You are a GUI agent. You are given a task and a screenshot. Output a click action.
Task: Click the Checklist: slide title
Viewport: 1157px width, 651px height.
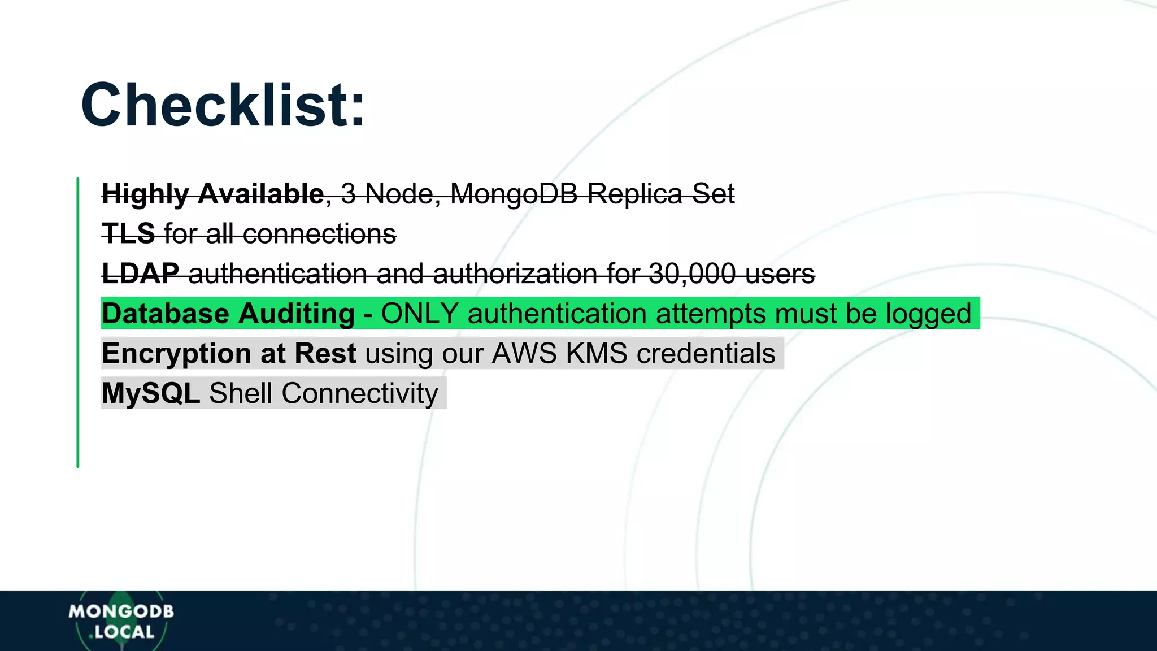(223, 106)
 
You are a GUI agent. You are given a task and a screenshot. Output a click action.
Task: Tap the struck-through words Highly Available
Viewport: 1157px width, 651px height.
(212, 194)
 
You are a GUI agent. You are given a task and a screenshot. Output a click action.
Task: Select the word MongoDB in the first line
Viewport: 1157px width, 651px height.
(514, 194)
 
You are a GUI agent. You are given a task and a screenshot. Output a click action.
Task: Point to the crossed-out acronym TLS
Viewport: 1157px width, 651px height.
(128, 234)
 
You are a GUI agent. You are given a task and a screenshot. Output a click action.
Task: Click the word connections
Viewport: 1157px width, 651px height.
(320, 234)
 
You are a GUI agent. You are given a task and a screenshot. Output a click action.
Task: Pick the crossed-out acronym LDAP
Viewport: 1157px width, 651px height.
(141, 274)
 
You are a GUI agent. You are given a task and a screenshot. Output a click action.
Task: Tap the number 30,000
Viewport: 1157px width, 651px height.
(692, 274)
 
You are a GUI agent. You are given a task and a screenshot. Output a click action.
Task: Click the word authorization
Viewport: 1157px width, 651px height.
(515, 274)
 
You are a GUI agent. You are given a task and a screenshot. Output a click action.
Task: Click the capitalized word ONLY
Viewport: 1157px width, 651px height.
(419, 314)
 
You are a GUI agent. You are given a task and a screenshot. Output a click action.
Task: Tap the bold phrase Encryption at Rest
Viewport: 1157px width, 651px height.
(229, 354)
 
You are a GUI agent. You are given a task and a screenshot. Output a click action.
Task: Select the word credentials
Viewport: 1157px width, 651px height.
(706, 354)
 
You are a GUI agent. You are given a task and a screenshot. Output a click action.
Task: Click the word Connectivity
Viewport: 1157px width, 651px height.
(360, 393)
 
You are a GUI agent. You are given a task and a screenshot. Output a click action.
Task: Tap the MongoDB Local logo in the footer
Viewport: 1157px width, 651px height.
(121, 621)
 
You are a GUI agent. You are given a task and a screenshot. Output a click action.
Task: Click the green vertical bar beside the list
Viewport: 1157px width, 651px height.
(78, 322)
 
